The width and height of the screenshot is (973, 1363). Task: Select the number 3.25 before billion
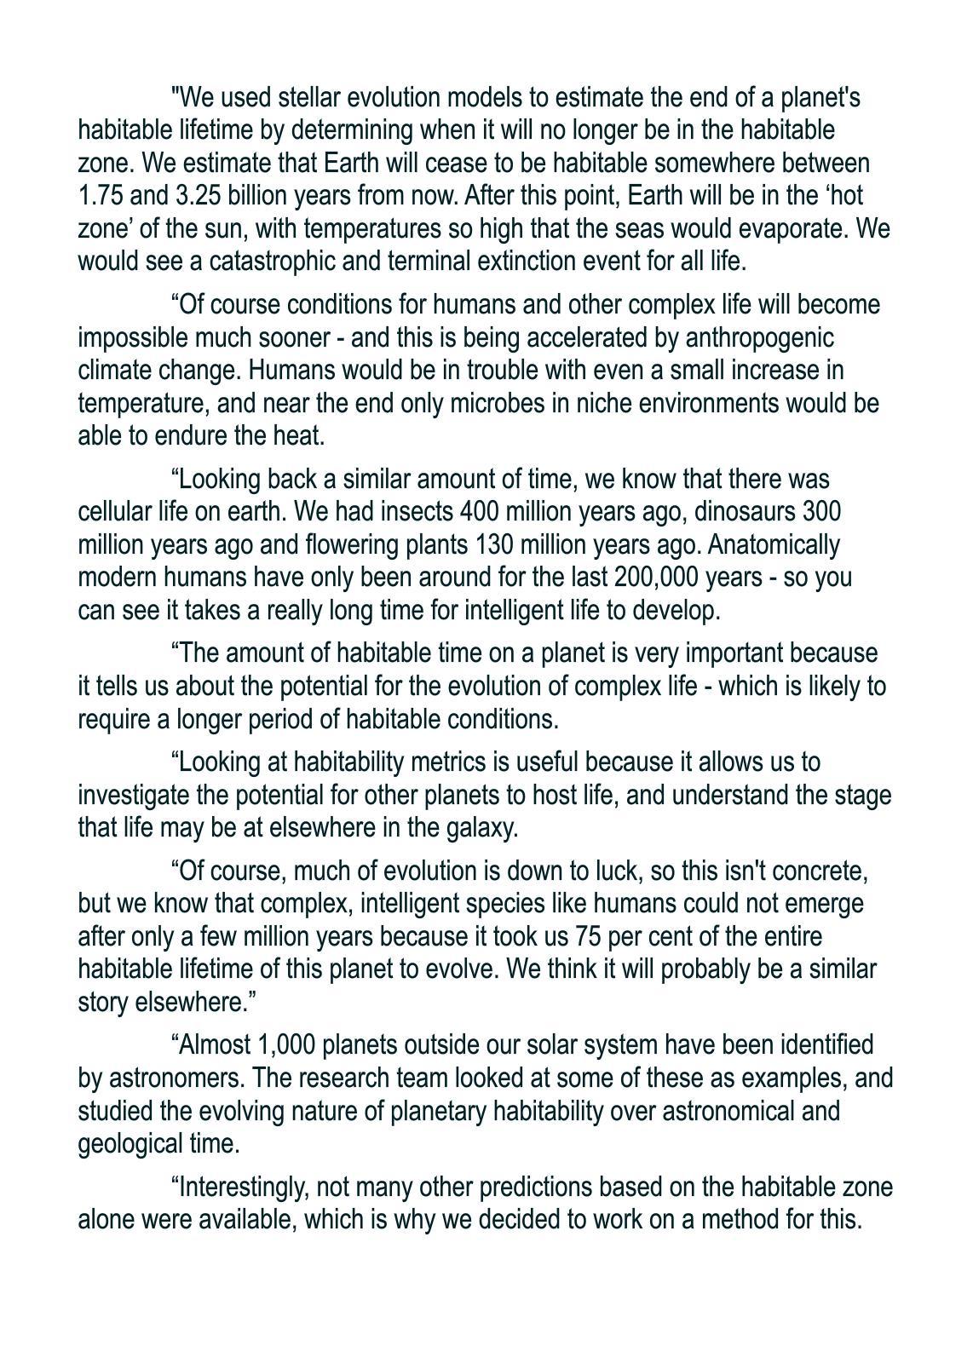[199, 196]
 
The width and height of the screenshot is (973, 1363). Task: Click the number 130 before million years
[493, 544]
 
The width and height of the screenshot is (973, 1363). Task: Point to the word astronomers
[177, 1078]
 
